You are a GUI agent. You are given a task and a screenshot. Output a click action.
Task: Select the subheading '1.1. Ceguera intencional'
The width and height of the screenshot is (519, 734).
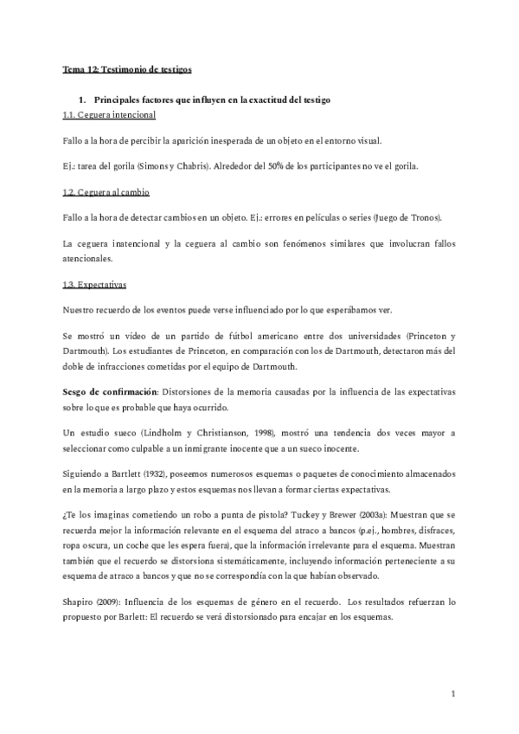(109, 115)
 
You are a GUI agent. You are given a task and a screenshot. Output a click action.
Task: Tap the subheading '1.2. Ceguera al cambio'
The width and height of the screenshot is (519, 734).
(106, 191)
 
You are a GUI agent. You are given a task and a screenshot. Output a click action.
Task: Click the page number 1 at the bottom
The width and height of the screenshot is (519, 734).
(453, 694)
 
